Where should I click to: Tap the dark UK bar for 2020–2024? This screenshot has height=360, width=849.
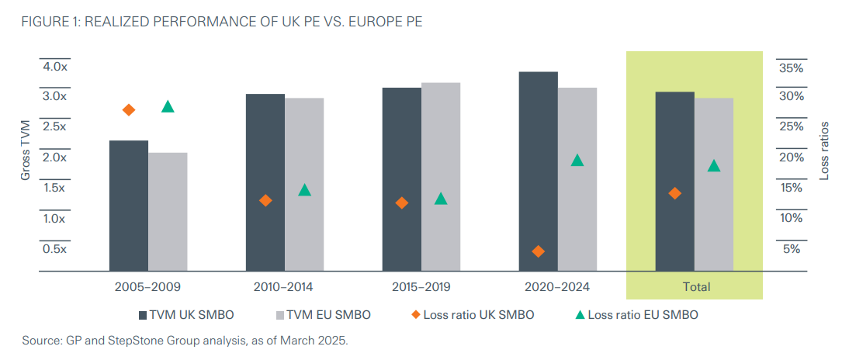pos(538,171)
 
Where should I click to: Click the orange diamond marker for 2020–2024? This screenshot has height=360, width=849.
pos(539,251)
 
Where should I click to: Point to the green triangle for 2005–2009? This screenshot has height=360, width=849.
pos(168,107)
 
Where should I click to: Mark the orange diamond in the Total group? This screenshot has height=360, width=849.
pos(675,192)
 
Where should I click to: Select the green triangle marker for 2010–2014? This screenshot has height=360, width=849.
pos(304,190)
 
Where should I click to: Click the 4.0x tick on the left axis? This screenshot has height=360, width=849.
pos(56,67)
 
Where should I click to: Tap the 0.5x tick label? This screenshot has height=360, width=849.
pos(56,249)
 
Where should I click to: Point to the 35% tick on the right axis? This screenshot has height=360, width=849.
pos(790,68)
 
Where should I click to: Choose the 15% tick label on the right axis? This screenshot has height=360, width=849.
pos(790,188)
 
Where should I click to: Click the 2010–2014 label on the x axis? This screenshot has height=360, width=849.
pos(284,287)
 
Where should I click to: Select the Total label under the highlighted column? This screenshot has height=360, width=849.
pos(695,287)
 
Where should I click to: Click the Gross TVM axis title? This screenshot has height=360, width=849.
pos(25,151)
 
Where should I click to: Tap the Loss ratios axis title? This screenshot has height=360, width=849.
pos(825,151)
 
